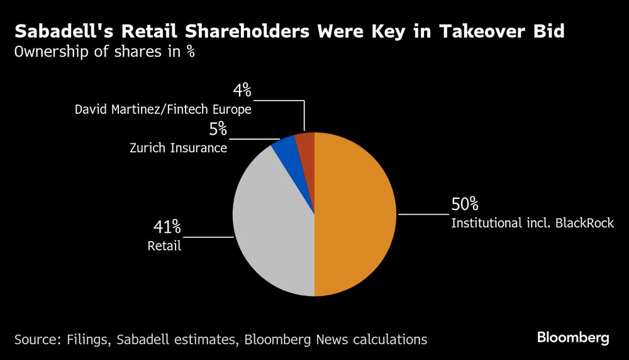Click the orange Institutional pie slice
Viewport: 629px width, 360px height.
(x=355, y=214)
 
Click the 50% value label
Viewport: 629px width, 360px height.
(x=465, y=205)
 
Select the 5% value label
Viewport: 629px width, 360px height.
(x=218, y=130)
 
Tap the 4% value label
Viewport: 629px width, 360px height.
(x=242, y=91)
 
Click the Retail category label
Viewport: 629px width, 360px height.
(x=164, y=245)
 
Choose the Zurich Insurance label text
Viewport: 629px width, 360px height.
(x=178, y=149)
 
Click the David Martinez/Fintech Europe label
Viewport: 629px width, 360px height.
(x=163, y=110)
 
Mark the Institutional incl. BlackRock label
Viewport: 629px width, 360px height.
(x=532, y=223)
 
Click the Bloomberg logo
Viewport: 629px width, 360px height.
(x=573, y=338)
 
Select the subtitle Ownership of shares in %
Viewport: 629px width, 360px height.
(x=104, y=52)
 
